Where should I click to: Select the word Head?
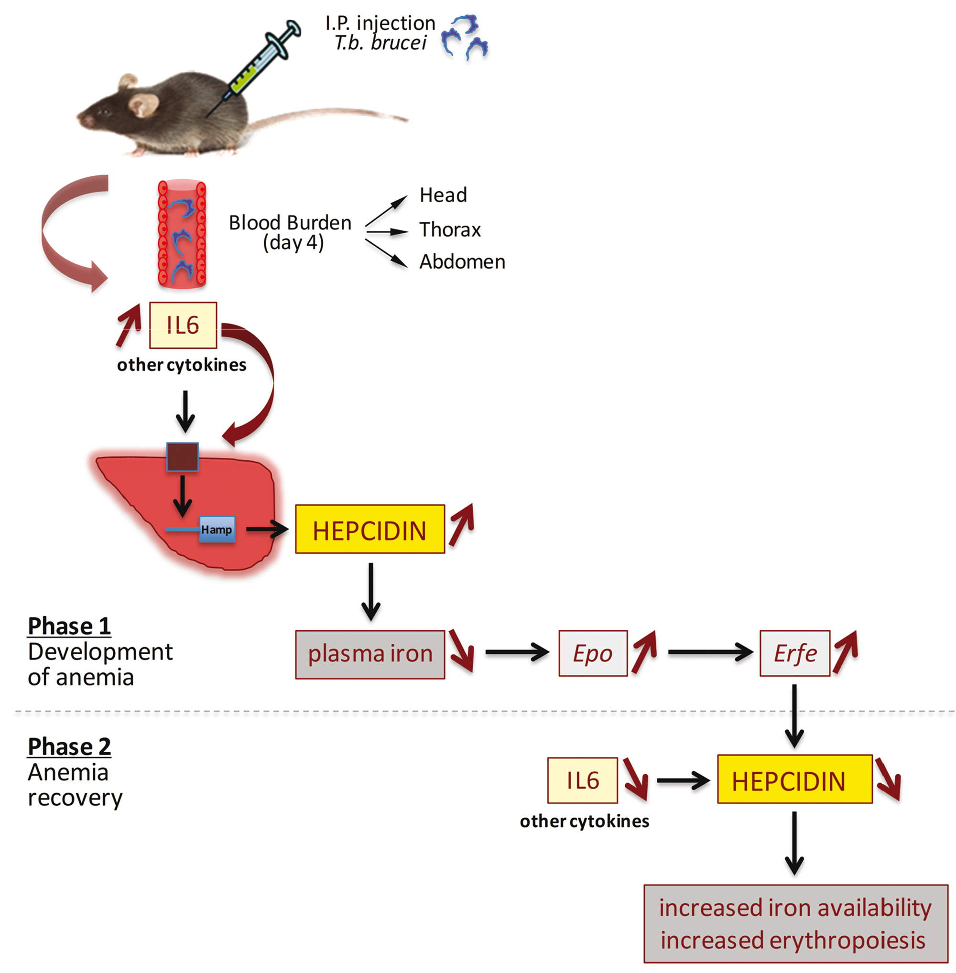click(443, 195)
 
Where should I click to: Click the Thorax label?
click(450, 229)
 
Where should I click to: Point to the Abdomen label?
click(462, 261)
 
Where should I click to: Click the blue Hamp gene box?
click(217, 529)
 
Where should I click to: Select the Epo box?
click(593, 653)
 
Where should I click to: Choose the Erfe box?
click(795, 653)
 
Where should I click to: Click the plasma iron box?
click(370, 654)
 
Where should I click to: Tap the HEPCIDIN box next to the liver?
click(370, 529)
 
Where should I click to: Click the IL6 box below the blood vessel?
click(183, 325)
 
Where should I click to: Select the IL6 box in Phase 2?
click(582, 780)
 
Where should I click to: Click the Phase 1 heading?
click(69, 626)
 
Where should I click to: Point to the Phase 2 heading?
click(69, 746)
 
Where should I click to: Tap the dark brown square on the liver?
click(182, 457)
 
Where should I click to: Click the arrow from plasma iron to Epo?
click(517, 652)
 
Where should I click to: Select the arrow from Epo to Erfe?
click(709, 652)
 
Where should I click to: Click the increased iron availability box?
click(795, 923)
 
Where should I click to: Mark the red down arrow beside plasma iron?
click(461, 650)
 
